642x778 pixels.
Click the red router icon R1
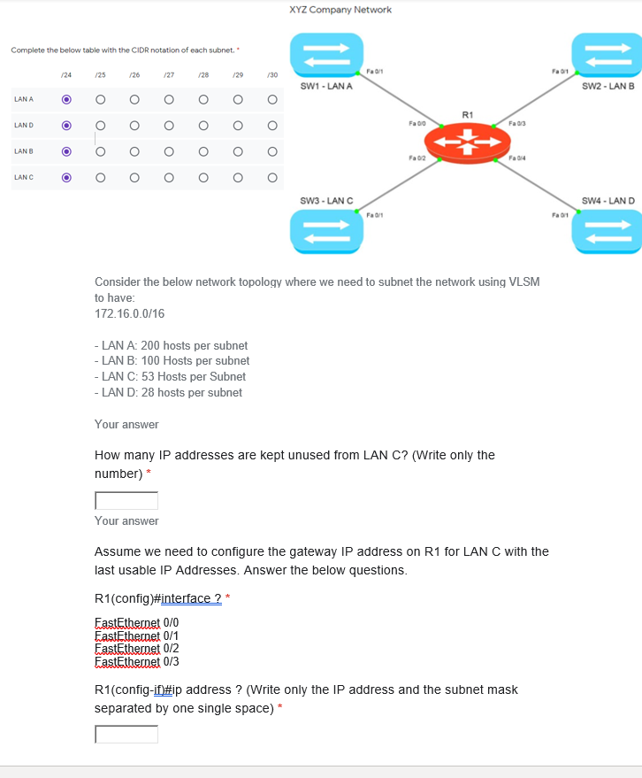click(468, 141)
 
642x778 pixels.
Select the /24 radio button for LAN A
click(66, 99)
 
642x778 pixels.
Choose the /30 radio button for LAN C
click(272, 178)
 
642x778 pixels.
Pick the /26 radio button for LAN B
click(134, 151)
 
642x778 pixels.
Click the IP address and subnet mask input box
click(126, 735)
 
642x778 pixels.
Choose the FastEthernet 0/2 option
click(137, 648)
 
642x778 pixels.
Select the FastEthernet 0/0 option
click(137, 622)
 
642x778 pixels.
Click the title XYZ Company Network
click(340, 10)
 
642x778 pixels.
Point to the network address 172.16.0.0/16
click(129, 314)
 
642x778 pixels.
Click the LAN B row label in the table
click(24, 151)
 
